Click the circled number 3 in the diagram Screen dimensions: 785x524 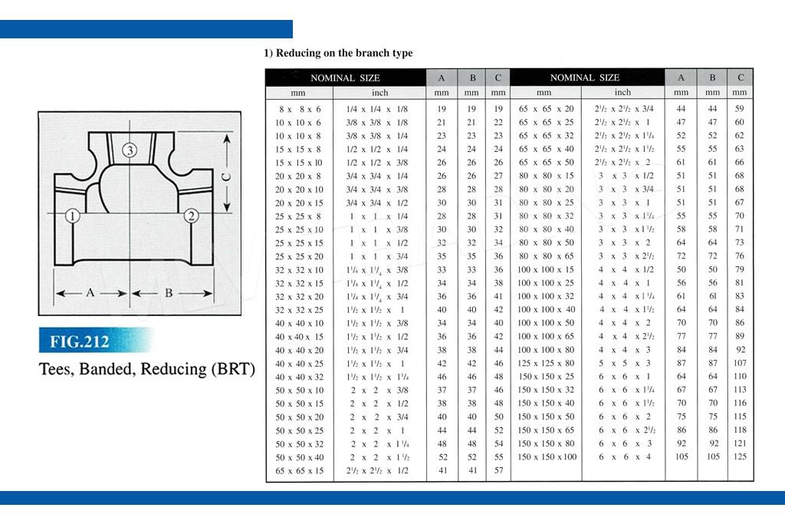click(x=130, y=150)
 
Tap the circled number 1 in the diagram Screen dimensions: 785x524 click(x=73, y=216)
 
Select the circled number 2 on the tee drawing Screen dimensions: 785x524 click(x=191, y=216)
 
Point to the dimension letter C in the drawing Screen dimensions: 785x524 click(x=226, y=176)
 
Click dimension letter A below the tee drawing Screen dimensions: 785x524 click(x=90, y=292)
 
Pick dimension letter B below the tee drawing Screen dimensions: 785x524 click(x=169, y=293)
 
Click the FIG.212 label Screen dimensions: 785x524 click(x=79, y=341)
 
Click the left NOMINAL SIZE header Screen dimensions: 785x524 click(x=345, y=78)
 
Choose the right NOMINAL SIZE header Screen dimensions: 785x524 click(x=585, y=77)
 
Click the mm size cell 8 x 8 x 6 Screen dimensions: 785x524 click(x=300, y=109)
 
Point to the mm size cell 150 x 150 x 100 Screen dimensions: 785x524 click(x=547, y=457)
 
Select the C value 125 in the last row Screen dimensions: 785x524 click(x=740, y=456)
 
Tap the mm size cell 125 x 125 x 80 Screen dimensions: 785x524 click(x=546, y=363)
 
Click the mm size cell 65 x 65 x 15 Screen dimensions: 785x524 click(x=300, y=471)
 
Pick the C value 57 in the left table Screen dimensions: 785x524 click(x=498, y=470)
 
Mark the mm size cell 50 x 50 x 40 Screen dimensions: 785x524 click(x=300, y=457)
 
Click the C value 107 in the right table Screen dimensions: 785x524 click(x=740, y=363)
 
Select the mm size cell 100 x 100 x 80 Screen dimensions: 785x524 click(x=546, y=350)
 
